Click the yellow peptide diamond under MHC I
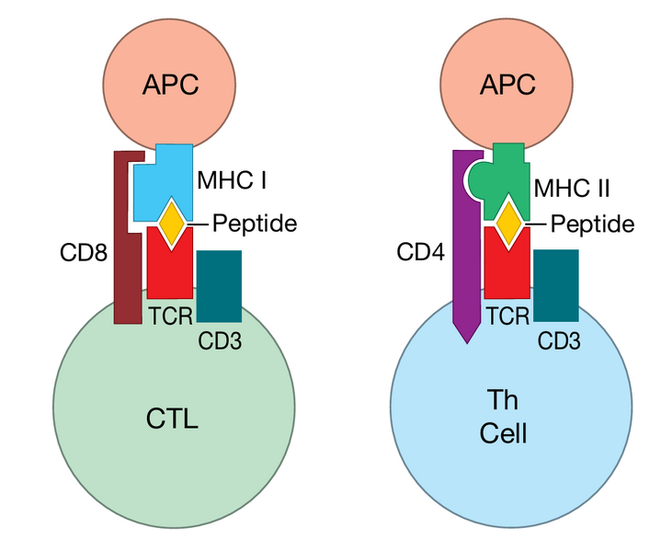click(x=171, y=224)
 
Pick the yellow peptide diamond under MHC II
click(x=507, y=223)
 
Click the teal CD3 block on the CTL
click(x=220, y=285)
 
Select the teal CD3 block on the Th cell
click(x=556, y=285)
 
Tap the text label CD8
click(x=82, y=250)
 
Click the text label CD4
click(x=420, y=250)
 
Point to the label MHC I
click(x=232, y=179)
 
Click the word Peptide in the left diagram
click(x=255, y=223)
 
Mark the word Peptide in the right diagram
click(x=592, y=224)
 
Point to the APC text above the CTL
click(x=170, y=86)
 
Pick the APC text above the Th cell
click(x=507, y=86)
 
